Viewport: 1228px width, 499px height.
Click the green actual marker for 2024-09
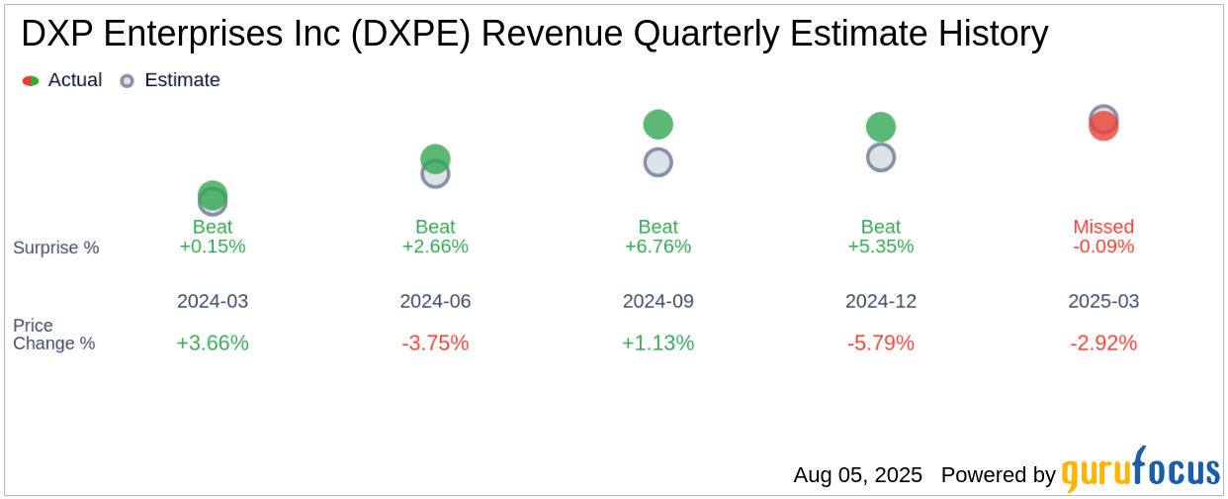pos(658,125)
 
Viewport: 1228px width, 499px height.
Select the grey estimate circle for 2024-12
pos(881,157)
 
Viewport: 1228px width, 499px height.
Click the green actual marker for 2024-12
pos(881,127)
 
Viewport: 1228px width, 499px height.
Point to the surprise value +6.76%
pos(658,247)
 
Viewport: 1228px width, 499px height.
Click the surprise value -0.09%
pos(1103,247)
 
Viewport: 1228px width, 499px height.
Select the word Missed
pos(1103,227)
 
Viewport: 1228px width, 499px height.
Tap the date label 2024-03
pos(213,301)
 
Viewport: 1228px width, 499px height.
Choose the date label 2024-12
pos(881,301)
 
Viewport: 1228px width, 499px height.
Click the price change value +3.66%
pos(213,344)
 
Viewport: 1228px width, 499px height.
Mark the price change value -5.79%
pos(881,344)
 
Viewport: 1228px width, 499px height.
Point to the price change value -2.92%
pos(1103,344)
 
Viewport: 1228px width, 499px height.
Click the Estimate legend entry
pos(170,80)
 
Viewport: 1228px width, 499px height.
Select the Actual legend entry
pos(62,80)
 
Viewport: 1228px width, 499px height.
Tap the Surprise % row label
pos(56,248)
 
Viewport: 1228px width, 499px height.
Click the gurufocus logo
pos(1140,471)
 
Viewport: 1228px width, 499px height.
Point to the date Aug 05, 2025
pos(857,475)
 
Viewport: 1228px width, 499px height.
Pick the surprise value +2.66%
pos(435,247)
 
